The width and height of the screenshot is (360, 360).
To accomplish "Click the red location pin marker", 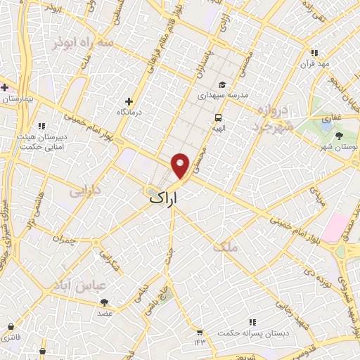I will click(x=181, y=165).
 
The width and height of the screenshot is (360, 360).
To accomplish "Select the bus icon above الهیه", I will click(x=218, y=117).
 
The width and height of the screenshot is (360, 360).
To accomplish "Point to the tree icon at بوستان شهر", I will click(x=340, y=135).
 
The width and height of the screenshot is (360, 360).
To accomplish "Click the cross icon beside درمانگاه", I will click(x=128, y=101).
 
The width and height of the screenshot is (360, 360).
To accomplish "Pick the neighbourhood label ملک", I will click(x=230, y=246).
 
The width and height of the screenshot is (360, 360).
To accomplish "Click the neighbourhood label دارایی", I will click(x=87, y=190).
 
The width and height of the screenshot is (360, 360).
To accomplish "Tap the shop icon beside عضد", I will click(x=104, y=302).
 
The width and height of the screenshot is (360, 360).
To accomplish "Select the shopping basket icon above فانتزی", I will click(x=11, y=326).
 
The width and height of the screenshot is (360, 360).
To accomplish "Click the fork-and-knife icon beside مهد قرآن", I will click(x=314, y=53).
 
